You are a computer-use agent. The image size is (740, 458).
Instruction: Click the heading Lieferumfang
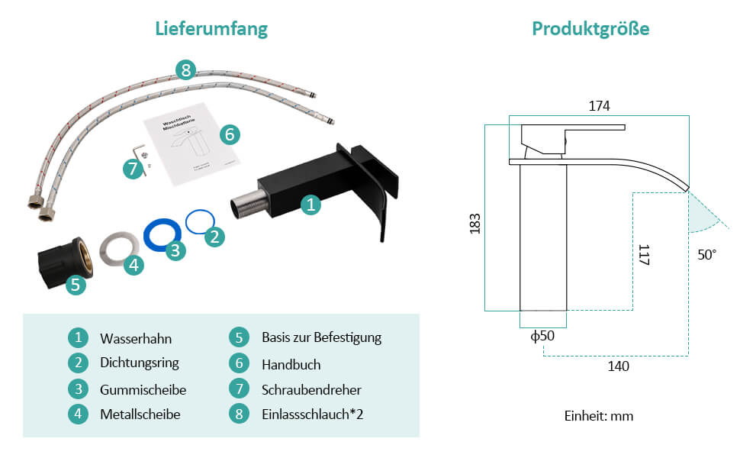[x=211, y=29]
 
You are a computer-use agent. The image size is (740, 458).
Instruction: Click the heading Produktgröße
[x=590, y=29]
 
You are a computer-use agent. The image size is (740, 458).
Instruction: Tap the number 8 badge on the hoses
[x=185, y=70]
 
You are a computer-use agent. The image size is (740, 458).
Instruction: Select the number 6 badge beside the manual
[x=230, y=134]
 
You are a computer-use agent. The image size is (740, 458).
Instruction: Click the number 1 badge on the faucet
[x=310, y=204]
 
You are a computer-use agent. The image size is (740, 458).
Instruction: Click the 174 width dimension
[x=599, y=107]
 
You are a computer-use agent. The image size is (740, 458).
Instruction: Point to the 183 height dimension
[x=475, y=224]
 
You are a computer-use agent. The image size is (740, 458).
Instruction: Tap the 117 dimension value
[x=643, y=254]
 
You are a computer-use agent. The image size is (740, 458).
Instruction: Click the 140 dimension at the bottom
[x=618, y=366]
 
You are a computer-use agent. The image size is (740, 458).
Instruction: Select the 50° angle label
[x=706, y=255]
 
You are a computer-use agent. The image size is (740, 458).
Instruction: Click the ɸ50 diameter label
[x=542, y=336]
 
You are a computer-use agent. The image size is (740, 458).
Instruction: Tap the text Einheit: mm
[x=599, y=416]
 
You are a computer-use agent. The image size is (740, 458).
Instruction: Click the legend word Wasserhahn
[x=136, y=338]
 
